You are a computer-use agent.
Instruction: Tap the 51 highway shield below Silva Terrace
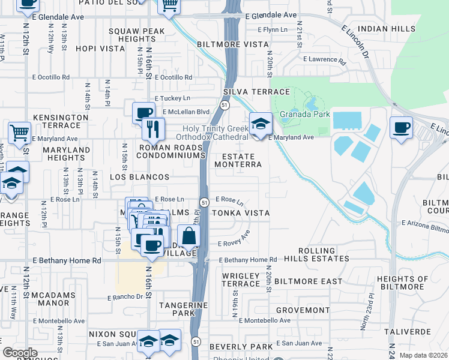[x=223, y=104]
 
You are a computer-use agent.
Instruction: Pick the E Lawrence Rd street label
[x=324, y=60]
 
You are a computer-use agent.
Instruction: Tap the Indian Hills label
[x=386, y=29]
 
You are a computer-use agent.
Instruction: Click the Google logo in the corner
[x=20, y=353]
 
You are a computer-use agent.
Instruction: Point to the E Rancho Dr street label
[x=125, y=297]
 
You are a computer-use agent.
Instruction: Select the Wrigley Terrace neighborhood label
[x=241, y=280]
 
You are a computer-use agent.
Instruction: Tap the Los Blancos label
[x=140, y=178]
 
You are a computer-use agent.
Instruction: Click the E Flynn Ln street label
[x=273, y=29]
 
